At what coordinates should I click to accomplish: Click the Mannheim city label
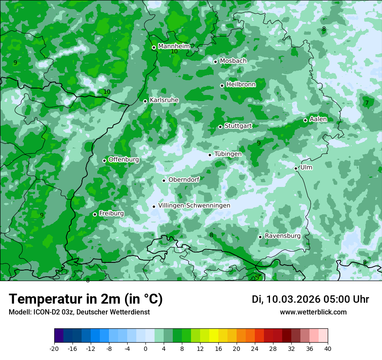174,46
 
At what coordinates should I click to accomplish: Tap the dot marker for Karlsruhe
145,101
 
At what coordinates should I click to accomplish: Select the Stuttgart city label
238,126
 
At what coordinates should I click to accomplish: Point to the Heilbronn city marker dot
222,85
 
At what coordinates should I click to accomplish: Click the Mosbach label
233,61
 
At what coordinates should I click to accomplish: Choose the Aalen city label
318,119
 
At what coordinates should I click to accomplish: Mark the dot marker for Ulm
296,168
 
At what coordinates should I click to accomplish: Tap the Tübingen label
228,154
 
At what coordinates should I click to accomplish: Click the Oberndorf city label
184,180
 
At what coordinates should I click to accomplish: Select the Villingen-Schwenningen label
194,206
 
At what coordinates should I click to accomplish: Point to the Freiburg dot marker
95,214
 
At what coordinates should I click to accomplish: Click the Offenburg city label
124,160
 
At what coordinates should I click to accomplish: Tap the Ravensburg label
283,236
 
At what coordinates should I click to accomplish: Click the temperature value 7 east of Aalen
367,103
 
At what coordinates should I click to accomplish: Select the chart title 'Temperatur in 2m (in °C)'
86,299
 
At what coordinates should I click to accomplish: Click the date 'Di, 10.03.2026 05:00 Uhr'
310,299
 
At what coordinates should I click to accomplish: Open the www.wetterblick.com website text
313,312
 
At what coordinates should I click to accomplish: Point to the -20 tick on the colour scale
54,349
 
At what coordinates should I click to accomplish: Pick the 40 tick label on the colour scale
327,349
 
